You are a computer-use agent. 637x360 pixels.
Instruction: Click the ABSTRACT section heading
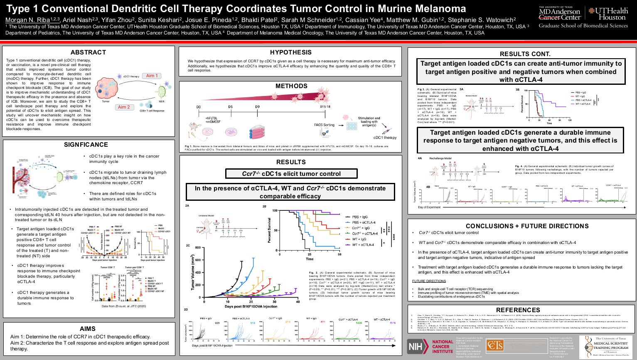(x=88, y=52)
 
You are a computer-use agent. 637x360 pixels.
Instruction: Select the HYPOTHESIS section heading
(x=290, y=52)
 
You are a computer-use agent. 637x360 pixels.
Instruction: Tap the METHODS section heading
(x=291, y=86)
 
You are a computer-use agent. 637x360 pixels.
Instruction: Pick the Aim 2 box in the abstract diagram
(x=124, y=107)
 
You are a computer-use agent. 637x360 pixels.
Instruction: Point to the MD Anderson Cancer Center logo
(x=560, y=13)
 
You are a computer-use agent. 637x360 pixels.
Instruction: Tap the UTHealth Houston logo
(x=608, y=13)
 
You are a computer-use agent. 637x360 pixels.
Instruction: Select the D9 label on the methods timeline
(x=257, y=107)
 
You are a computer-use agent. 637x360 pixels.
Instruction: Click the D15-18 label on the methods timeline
(x=325, y=107)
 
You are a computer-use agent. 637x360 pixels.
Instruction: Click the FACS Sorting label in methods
(x=324, y=125)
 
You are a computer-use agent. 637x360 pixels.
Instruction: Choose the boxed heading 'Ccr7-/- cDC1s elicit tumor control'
(x=291, y=174)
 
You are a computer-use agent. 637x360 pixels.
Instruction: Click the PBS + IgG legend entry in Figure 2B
(x=360, y=217)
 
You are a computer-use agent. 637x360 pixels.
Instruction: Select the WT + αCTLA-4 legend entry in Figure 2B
(x=363, y=245)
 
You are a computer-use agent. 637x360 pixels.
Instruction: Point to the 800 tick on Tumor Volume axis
(x=198, y=248)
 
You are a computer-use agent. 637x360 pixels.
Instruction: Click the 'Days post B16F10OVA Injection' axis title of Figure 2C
(x=251, y=307)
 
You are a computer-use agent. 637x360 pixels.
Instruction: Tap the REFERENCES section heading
(x=518, y=310)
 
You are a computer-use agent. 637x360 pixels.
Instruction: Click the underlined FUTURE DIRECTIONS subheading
(x=429, y=281)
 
